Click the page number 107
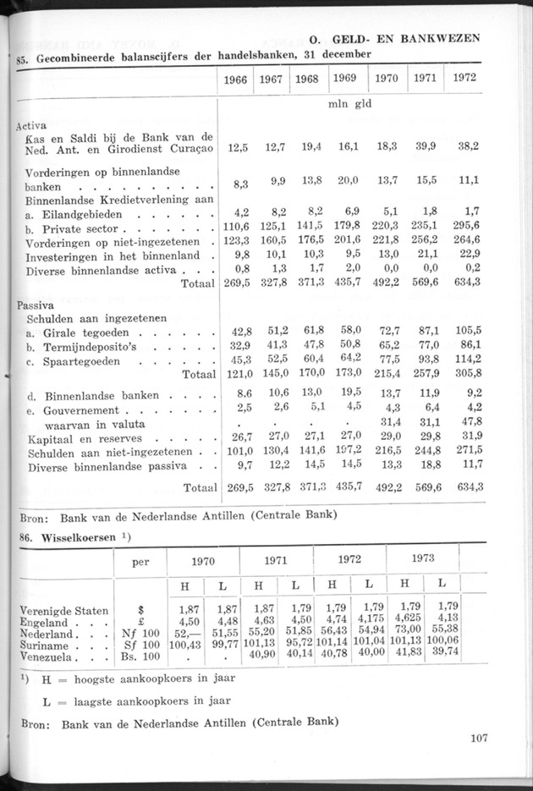[478, 739]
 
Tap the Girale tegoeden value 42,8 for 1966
[238, 333]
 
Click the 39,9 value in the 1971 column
[423, 146]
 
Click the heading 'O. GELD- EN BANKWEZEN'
[394, 39]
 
